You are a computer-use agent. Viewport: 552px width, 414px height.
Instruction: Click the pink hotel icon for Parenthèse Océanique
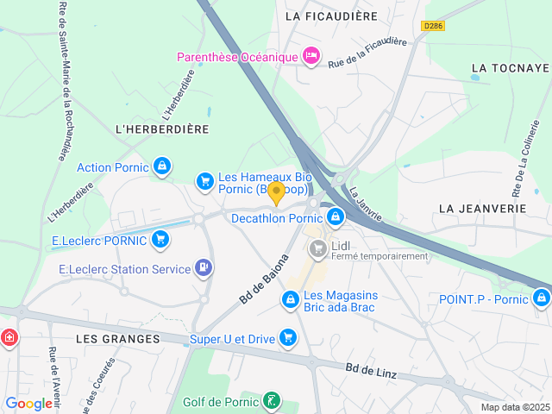[312, 57]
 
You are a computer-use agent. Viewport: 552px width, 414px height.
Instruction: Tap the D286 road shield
[433, 27]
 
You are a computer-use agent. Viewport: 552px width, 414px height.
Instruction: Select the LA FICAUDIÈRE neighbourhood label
[330, 16]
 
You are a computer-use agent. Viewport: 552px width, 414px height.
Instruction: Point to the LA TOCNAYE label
[511, 68]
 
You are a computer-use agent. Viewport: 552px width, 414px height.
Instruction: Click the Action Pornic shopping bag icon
[161, 166]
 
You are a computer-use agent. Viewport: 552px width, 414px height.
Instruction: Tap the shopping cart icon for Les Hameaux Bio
[204, 180]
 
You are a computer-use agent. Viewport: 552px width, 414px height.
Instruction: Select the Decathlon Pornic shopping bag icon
[336, 218]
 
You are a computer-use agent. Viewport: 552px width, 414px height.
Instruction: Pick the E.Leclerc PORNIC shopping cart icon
[160, 240]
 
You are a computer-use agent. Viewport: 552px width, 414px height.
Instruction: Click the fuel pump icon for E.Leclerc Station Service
[203, 269]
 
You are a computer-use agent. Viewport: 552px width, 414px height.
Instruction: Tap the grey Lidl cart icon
[317, 249]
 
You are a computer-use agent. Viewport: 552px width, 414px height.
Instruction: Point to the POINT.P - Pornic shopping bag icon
[541, 298]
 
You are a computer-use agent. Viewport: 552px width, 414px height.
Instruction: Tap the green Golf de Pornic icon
[272, 401]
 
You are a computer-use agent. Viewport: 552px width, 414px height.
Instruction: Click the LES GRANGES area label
[117, 339]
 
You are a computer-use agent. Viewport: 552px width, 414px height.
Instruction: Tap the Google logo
[28, 403]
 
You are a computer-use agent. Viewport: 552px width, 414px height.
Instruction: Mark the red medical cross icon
[9, 337]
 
